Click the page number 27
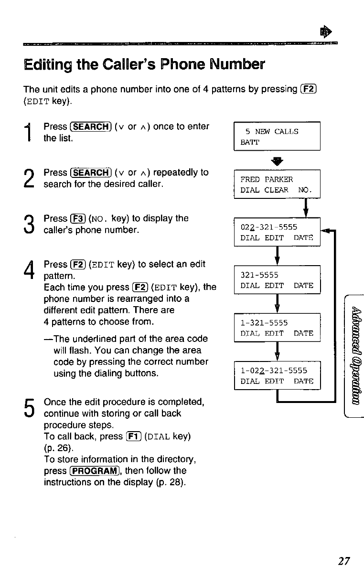(x=344, y=561)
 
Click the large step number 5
(x=29, y=408)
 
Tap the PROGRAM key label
(x=95, y=471)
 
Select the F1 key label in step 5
(x=134, y=436)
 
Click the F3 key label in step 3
(x=78, y=219)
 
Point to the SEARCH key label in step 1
(x=91, y=127)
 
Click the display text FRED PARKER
(x=267, y=179)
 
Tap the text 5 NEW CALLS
(x=272, y=132)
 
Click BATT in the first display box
(x=250, y=142)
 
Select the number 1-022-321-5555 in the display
(x=274, y=371)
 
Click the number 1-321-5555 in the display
(x=264, y=323)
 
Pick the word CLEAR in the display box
(x=276, y=190)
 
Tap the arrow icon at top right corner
(x=326, y=32)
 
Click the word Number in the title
(x=237, y=64)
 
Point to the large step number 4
(x=29, y=269)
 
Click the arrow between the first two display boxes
(x=277, y=161)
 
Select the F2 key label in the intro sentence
(x=309, y=89)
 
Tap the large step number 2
(x=29, y=178)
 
